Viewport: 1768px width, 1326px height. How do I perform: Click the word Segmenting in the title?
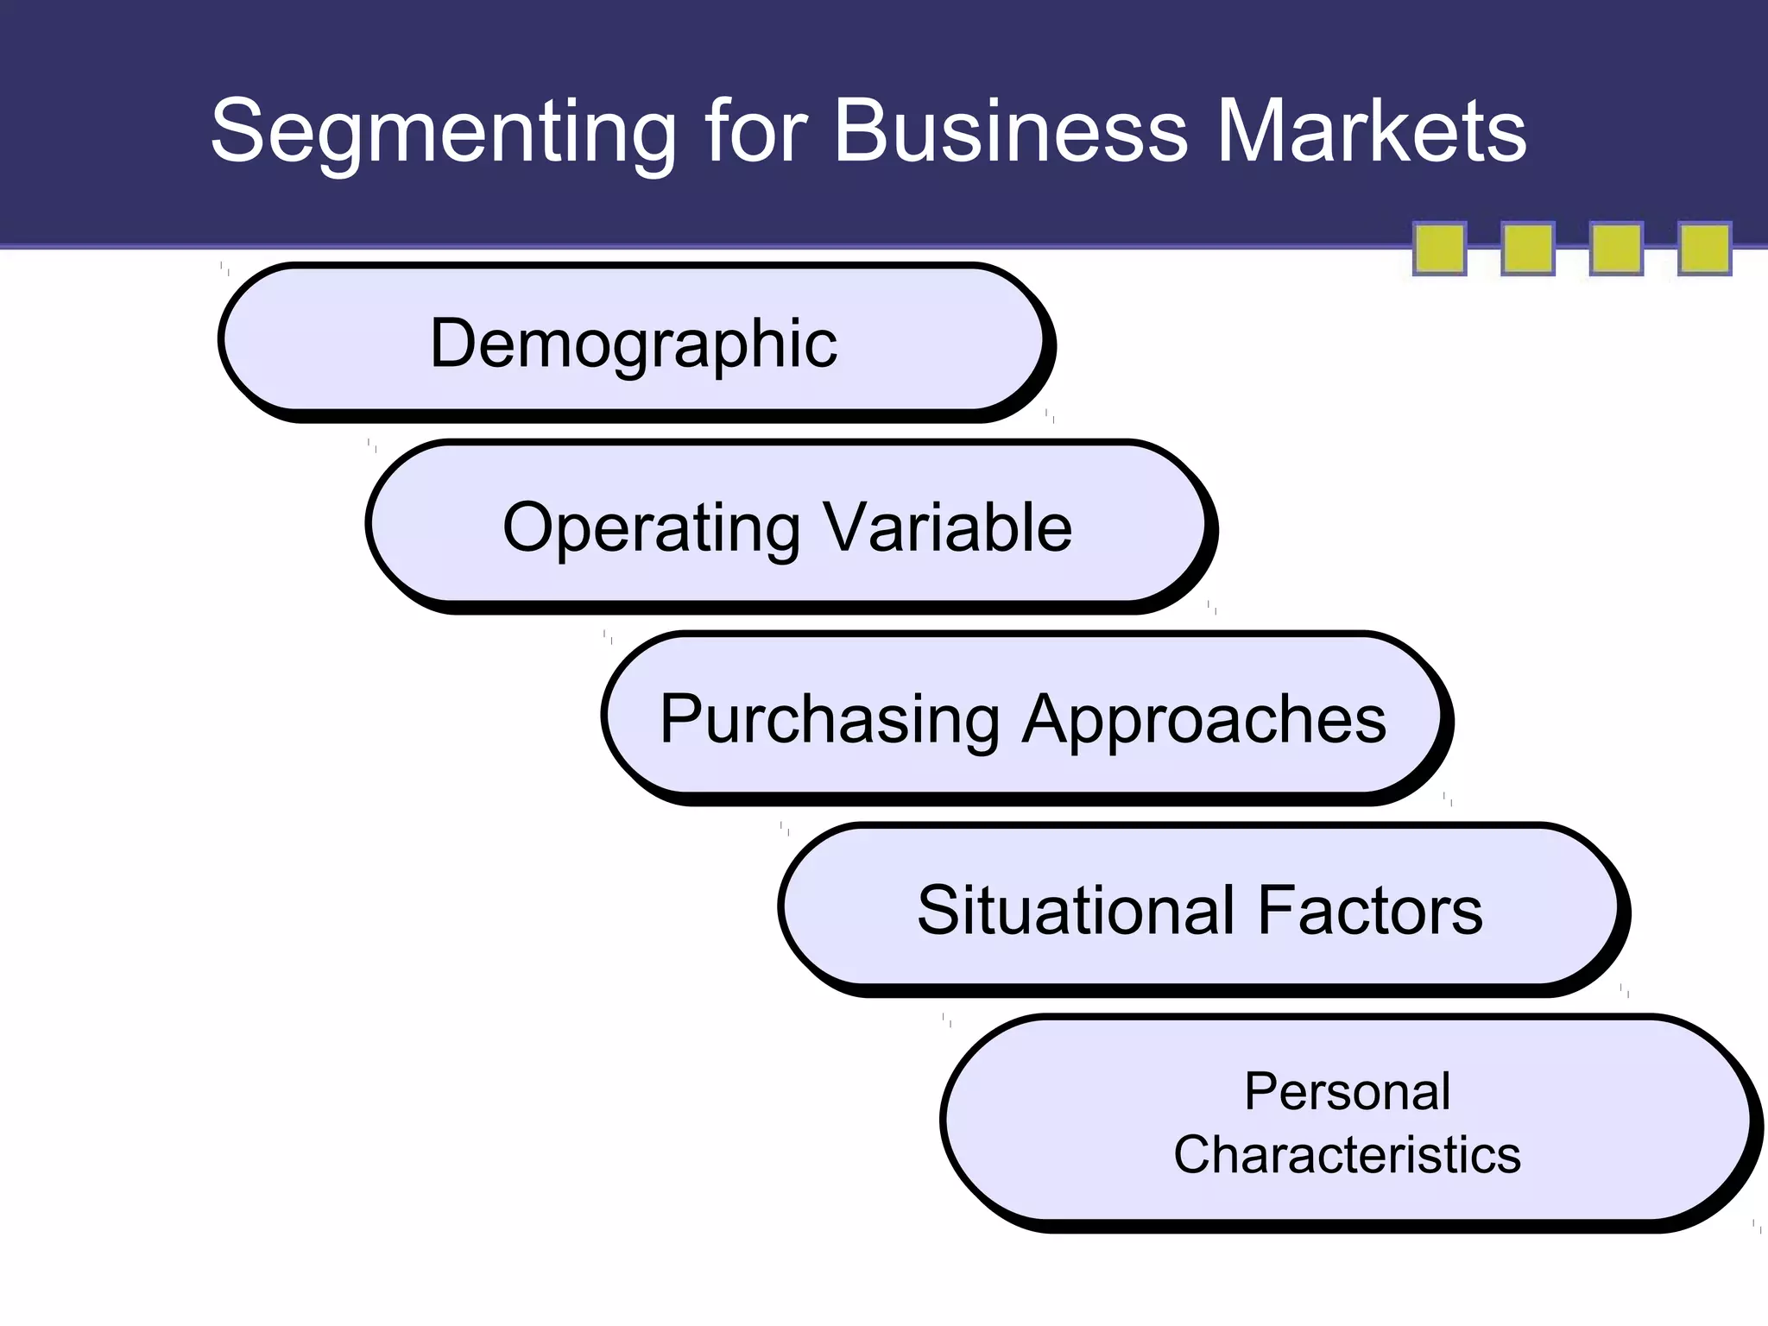coord(443,131)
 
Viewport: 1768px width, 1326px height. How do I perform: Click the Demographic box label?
coord(634,344)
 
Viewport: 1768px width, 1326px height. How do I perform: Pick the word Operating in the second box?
coord(651,527)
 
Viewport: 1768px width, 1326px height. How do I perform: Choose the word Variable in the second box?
coord(947,527)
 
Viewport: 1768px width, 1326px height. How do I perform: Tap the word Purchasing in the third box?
coord(829,719)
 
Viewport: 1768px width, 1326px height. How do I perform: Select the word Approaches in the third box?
coord(1203,719)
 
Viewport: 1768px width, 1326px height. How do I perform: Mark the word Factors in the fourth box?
coord(1370,910)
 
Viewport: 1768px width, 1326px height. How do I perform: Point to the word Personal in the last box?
coord(1347,1091)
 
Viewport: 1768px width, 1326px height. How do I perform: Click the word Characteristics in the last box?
coord(1347,1155)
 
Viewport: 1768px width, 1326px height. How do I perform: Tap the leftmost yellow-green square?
coord(1439,249)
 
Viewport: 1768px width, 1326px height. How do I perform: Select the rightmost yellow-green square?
coord(1704,249)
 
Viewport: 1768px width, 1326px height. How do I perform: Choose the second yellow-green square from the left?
coord(1528,249)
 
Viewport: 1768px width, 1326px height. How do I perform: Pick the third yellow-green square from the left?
coord(1616,249)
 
